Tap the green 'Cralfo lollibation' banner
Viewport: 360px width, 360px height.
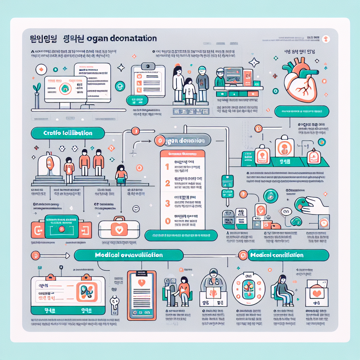coord(68,133)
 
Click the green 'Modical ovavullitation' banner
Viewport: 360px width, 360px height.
coord(129,255)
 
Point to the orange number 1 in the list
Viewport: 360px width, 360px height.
coord(167,166)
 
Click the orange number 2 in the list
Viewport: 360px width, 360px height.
coord(167,183)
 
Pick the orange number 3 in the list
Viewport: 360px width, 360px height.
coord(167,203)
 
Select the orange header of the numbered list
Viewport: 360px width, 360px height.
coord(182,154)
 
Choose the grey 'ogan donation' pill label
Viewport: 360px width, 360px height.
coord(183,141)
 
